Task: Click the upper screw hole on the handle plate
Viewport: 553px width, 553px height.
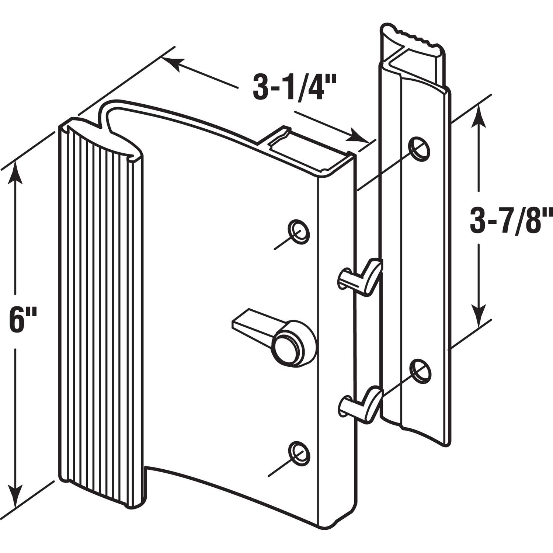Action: pyautogui.click(x=299, y=232)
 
